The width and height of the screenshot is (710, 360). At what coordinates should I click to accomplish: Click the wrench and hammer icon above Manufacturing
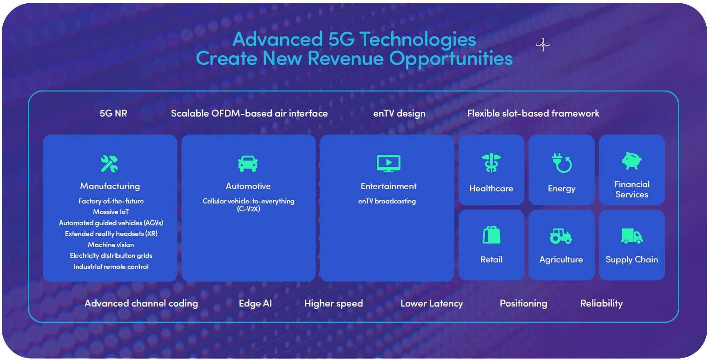(109, 164)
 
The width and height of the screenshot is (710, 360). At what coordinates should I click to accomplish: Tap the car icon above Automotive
(248, 164)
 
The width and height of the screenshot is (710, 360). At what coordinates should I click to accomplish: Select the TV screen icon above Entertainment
(388, 164)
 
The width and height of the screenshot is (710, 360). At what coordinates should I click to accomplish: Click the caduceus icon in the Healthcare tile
(491, 163)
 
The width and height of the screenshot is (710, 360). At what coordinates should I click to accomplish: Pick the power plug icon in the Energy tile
(562, 163)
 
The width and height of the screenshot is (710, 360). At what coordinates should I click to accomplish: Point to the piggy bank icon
(632, 161)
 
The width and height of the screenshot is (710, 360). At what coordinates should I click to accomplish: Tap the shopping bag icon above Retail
(491, 235)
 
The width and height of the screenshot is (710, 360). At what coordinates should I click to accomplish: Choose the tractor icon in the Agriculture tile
(561, 236)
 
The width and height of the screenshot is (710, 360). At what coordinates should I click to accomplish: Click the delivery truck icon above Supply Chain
(632, 236)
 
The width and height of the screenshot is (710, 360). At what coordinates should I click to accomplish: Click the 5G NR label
(113, 113)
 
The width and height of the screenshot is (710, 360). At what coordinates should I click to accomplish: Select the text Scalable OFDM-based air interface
(250, 113)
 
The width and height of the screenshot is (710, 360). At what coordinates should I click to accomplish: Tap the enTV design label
(400, 113)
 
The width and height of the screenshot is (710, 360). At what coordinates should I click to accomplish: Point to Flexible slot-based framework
(533, 113)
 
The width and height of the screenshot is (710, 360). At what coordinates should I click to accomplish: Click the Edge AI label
(255, 303)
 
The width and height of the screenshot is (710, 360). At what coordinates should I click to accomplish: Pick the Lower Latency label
(432, 303)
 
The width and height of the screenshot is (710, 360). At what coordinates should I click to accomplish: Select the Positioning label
(524, 303)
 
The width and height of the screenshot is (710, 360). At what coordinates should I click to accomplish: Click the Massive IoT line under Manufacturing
(111, 212)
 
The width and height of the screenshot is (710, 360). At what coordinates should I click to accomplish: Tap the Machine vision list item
(111, 245)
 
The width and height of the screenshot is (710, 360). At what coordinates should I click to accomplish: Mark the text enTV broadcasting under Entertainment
(387, 201)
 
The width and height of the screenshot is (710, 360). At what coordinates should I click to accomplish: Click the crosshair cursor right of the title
(543, 45)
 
